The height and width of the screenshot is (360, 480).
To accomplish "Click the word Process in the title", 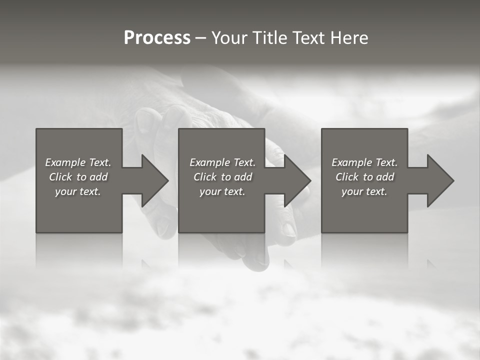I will pyautogui.click(x=157, y=38).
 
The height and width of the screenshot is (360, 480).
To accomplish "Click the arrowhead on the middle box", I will pyautogui.click(x=296, y=180).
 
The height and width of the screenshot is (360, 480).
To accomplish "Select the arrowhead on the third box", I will pyautogui.click(x=439, y=180).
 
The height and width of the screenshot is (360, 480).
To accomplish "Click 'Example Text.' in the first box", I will pyautogui.click(x=78, y=162).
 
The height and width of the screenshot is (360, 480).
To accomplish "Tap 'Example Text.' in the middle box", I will pyautogui.click(x=222, y=162).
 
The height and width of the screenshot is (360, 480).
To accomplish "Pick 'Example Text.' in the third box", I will pyautogui.click(x=364, y=162).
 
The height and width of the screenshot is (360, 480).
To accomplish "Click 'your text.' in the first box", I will pyautogui.click(x=78, y=191).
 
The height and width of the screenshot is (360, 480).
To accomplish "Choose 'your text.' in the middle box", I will pyautogui.click(x=222, y=191).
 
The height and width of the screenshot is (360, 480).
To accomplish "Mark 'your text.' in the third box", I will pyautogui.click(x=364, y=191).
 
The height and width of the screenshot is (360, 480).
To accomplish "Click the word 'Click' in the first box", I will pyautogui.click(x=60, y=177).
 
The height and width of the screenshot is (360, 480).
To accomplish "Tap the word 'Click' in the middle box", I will pyautogui.click(x=205, y=177).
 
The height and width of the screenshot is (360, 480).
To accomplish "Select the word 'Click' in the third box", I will pyautogui.click(x=347, y=177).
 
